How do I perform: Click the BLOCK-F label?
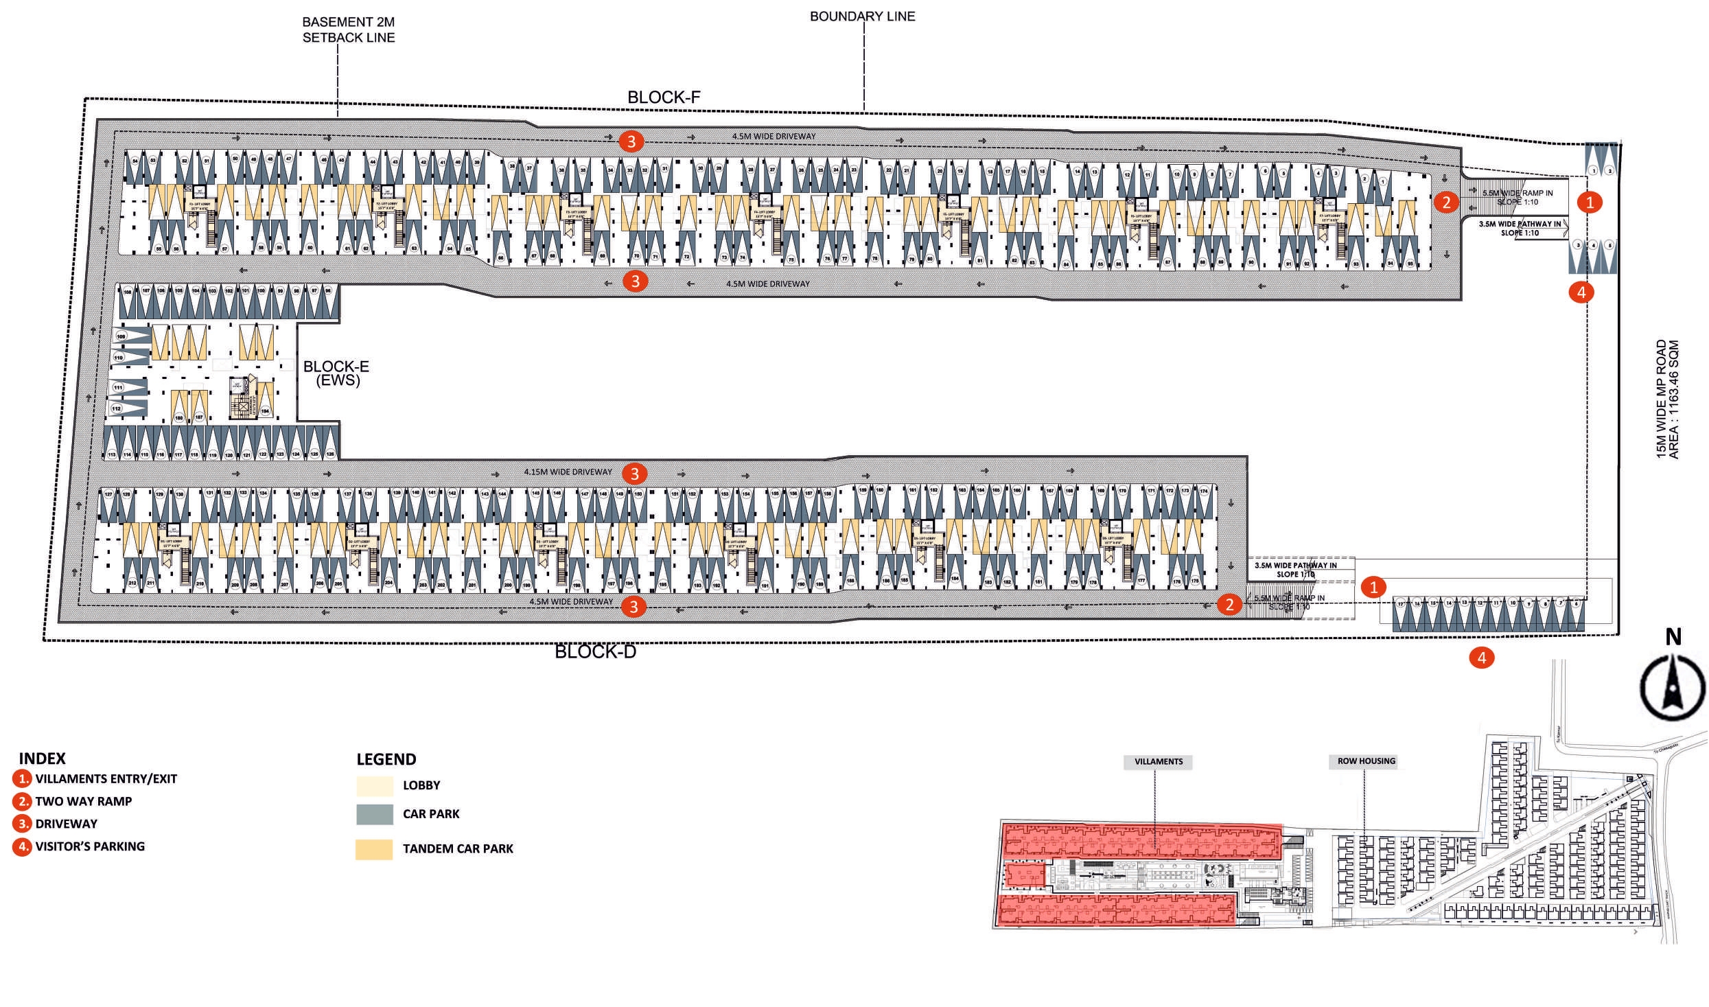pyautogui.click(x=664, y=97)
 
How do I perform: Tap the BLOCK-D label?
pyautogui.click(x=595, y=651)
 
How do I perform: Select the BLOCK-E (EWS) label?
pyautogui.click(x=336, y=373)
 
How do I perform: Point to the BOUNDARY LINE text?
pyautogui.click(x=862, y=16)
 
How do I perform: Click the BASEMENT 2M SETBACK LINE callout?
pyautogui.click(x=349, y=30)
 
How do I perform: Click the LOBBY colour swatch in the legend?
pyautogui.click(x=374, y=785)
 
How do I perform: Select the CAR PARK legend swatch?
pyautogui.click(x=374, y=814)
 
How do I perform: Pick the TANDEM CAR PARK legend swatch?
pyautogui.click(x=374, y=849)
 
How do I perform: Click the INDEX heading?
pyautogui.click(x=42, y=759)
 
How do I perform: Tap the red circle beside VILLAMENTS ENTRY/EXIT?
pyautogui.click(x=22, y=779)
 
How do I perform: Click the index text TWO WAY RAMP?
pyautogui.click(x=84, y=801)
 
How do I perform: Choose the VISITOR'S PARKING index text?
pyautogui.click(x=90, y=846)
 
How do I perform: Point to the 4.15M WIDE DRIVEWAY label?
pyautogui.click(x=568, y=472)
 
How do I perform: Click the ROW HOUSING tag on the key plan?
pyautogui.click(x=1366, y=761)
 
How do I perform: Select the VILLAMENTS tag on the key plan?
pyautogui.click(x=1159, y=762)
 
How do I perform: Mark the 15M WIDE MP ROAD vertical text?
pyautogui.click(x=1661, y=400)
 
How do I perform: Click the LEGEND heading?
pyautogui.click(x=386, y=759)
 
